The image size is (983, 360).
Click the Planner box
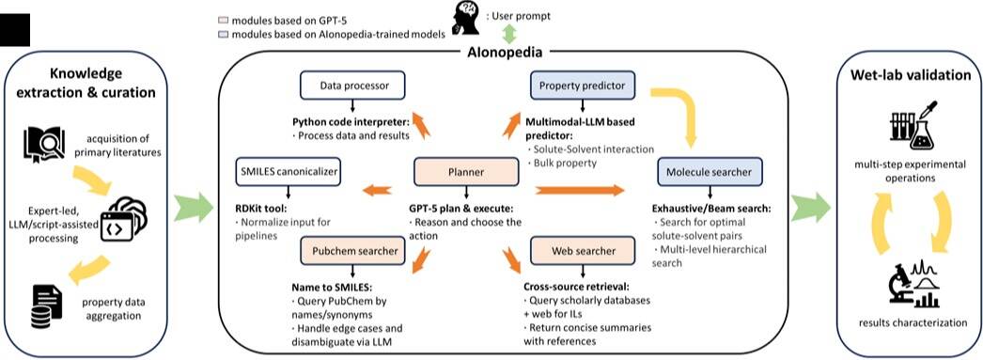[466, 171]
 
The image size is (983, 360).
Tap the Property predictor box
[581, 85]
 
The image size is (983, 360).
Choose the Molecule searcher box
[709, 171]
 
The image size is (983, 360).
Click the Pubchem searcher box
[353, 251]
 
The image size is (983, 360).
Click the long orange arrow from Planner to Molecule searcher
[581, 190]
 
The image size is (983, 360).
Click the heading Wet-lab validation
[911, 76]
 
